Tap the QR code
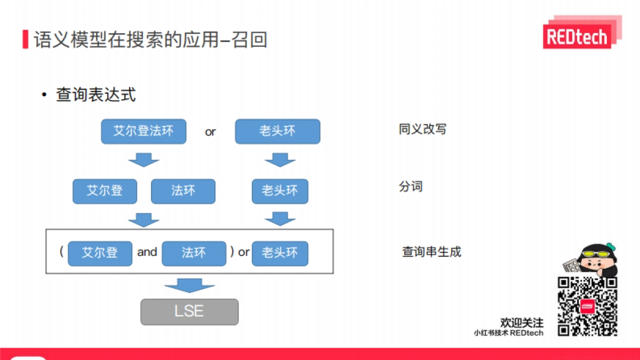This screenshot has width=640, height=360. coord(587,307)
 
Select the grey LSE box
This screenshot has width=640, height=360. coord(189,311)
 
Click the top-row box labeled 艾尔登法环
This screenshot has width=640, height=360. coord(143,132)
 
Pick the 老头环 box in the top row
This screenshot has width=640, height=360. coord(277,132)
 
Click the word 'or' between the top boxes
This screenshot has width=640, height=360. coord(210,132)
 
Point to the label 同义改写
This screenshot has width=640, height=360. coord(422,129)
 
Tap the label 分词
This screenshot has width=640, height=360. coord(411,187)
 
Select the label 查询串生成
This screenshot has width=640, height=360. coord(431,252)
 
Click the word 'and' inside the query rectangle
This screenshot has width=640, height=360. coord(147,252)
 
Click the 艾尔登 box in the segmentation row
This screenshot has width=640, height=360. coord(105,191)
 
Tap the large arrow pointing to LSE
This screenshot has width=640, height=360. coord(189,285)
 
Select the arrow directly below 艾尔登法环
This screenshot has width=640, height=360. coord(143,159)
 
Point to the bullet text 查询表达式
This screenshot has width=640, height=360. coord(96,95)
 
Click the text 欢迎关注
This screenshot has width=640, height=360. coord(522,323)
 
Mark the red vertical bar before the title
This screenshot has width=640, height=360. coord(25,39)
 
